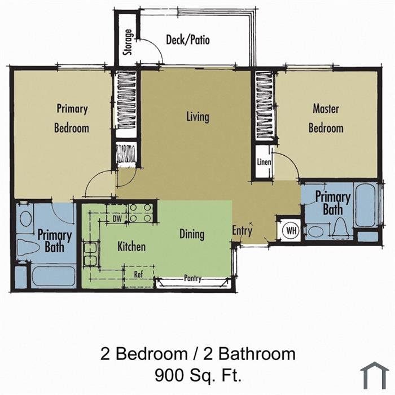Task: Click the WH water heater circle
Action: point(291,230)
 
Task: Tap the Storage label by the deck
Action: point(128,42)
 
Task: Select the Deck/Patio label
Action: point(188,40)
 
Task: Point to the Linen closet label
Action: point(264,162)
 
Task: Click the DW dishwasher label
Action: point(117,219)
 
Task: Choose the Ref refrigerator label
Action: point(138,274)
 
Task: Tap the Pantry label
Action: point(193,278)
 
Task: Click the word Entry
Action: point(242,230)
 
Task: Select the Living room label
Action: point(197,117)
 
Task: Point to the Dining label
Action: point(192,234)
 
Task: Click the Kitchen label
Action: point(131,247)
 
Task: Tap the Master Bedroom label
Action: point(326,118)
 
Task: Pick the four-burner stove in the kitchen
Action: point(141,212)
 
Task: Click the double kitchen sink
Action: point(90,254)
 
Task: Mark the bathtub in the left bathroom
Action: point(54,276)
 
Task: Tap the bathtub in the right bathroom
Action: point(366,205)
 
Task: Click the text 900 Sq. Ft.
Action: point(198,375)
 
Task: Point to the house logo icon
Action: point(375,375)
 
